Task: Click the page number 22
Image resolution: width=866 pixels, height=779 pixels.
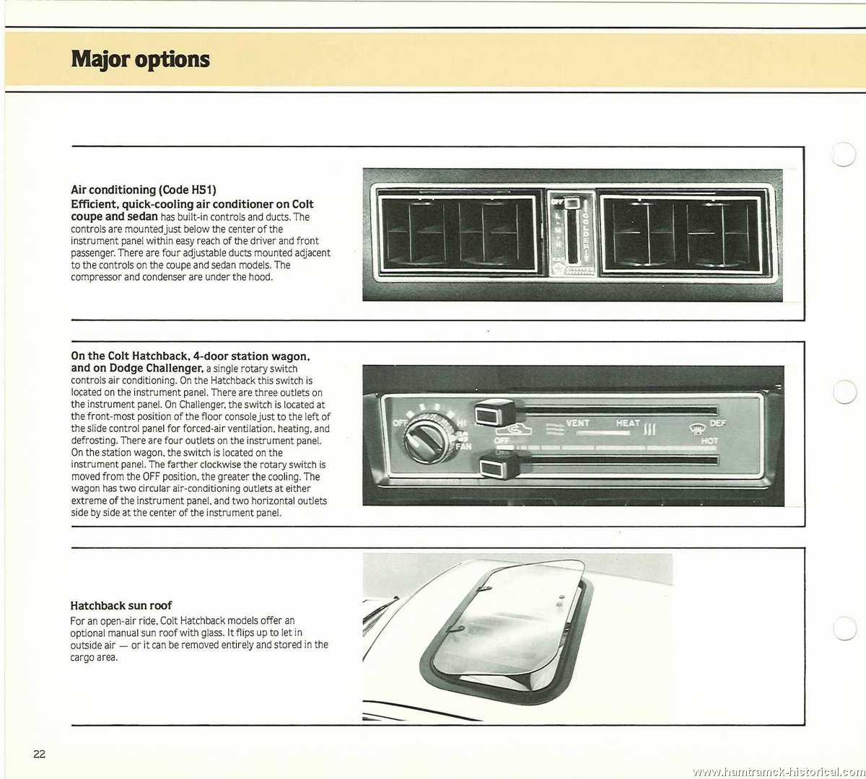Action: click(x=39, y=754)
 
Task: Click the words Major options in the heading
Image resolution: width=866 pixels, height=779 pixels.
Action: click(x=140, y=60)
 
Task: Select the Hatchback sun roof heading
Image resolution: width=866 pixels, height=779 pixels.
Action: click(x=121, y=605)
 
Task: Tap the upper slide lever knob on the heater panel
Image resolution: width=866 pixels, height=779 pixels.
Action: click(x=495, y=412)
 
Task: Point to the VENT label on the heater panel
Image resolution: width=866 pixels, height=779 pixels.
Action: click(x=577, y=423)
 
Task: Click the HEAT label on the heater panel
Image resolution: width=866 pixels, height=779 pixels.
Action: click(x=628, y=423)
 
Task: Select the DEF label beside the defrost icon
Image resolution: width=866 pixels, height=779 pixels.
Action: click(x=717, y=423)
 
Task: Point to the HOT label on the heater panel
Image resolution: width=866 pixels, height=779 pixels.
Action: click(x=709, y=441)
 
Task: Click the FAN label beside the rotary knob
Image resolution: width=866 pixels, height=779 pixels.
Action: click(x=463, y=446)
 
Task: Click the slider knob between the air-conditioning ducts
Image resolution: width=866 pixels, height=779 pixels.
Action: click(x=572, y=203)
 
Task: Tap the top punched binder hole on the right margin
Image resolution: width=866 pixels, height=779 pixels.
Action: click(x=843, y=154)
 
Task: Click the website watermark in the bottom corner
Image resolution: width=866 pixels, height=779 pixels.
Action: click(x=779, y=772)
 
